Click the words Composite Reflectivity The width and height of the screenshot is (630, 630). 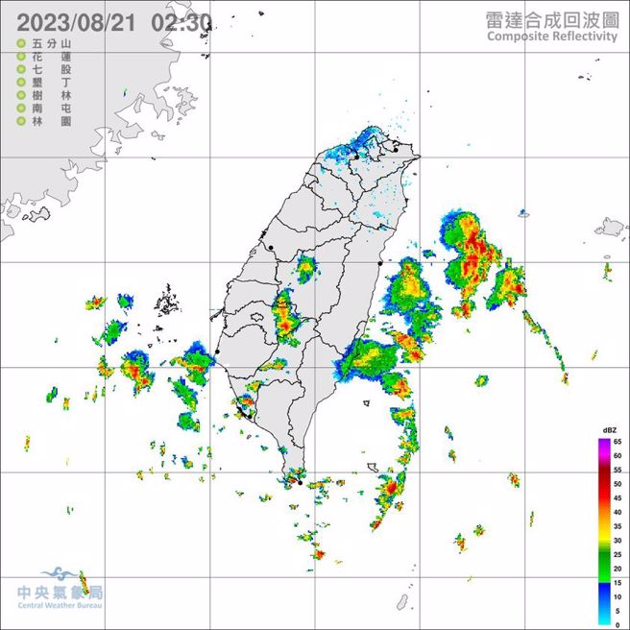[x=551, y=36]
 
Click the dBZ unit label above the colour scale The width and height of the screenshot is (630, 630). [x=609, y=429]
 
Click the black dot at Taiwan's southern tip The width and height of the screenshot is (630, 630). [x=301, y=482]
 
